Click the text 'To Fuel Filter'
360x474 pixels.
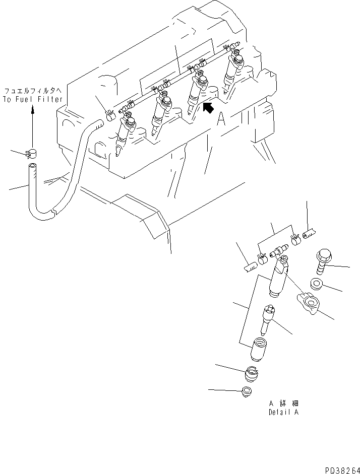coord(33,99)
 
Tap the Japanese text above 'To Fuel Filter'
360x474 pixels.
coord(33,91)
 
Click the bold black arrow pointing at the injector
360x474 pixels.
coord(208,107)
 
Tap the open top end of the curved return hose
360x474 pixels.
coord(33,166)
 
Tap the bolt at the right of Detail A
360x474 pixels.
coord(324,261)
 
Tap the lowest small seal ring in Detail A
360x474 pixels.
coord(248,392)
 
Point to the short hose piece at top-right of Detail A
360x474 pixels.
coord(309,232)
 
